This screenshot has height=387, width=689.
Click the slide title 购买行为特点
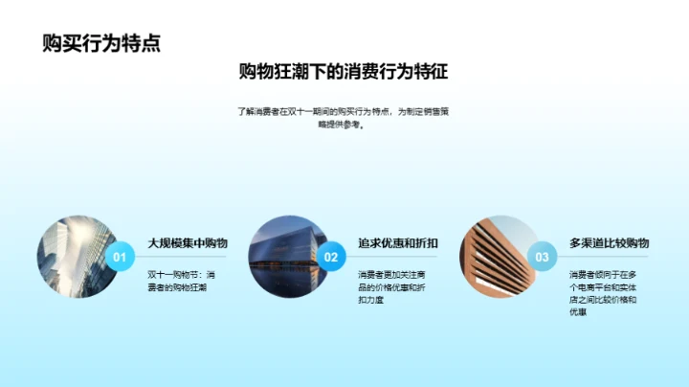click(100, 43)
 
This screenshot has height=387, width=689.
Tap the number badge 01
click(120, 257)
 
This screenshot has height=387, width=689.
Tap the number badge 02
click(331, 257)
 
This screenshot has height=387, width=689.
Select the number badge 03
click(543, 257)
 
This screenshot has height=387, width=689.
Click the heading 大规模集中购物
click(188, 243)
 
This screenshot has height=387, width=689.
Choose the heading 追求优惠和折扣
click(398, 243)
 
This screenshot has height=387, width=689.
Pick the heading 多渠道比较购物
click(609, 243)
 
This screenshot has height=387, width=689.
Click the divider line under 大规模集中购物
click(188, 257)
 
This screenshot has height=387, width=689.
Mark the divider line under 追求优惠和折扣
click(398, 257)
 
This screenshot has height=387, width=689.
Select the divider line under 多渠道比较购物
click(609, 257)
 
